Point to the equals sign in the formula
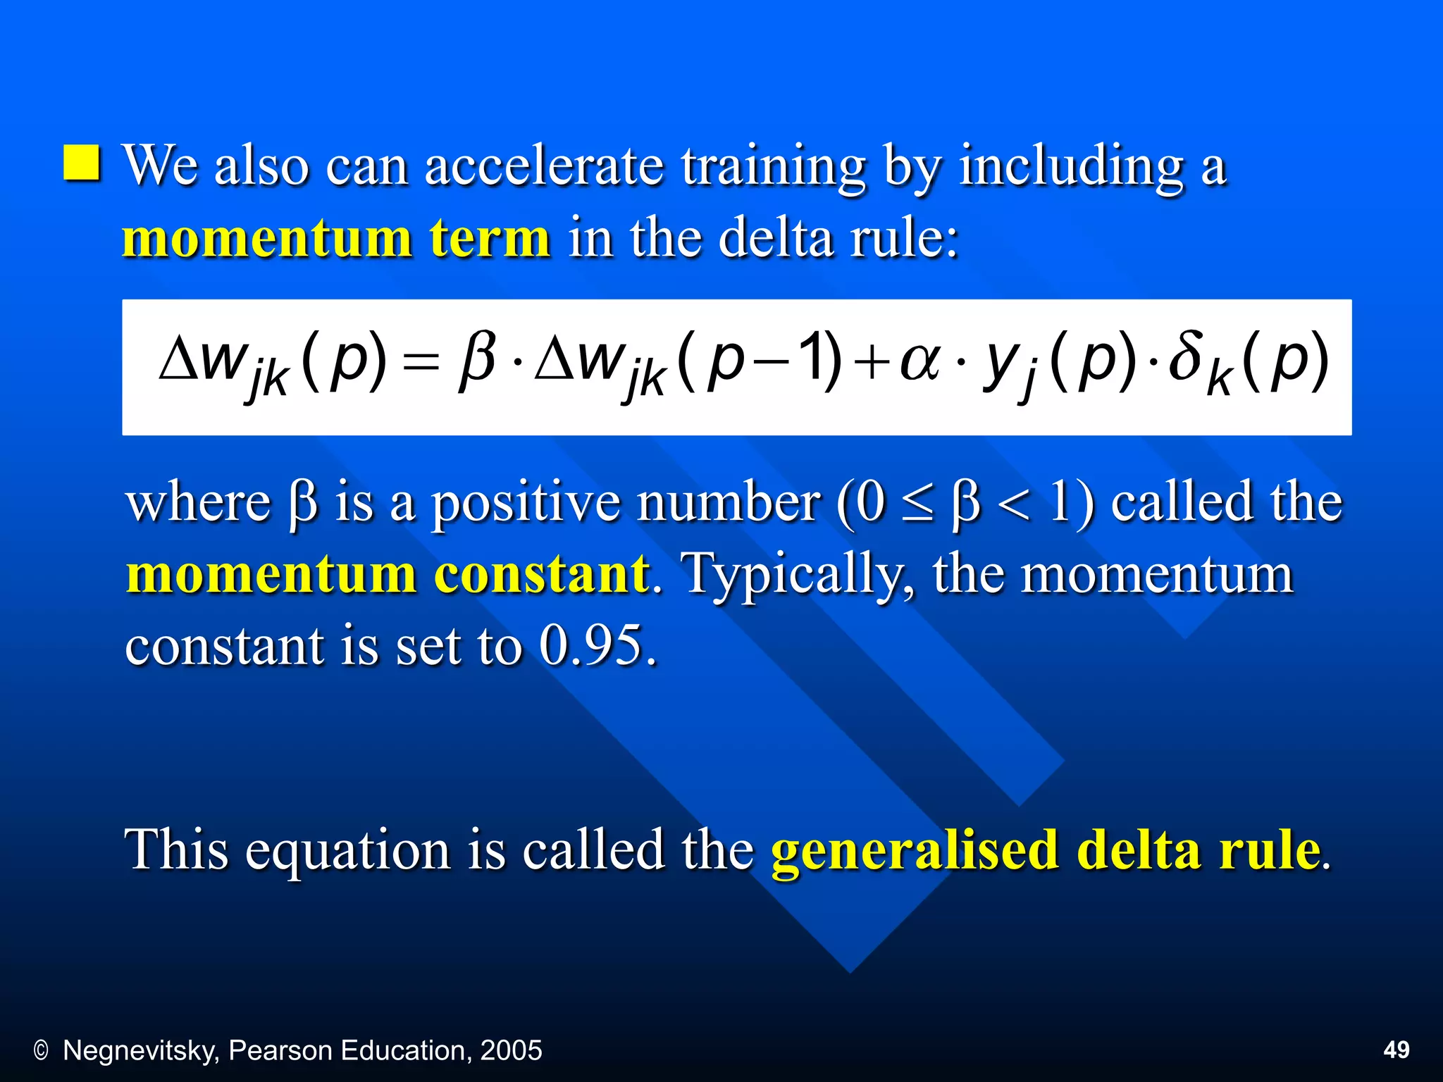(422, 363)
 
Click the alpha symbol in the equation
(919, 361)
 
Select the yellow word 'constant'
(541, 574)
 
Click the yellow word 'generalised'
(915, 852)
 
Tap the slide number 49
(1396, 1050)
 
